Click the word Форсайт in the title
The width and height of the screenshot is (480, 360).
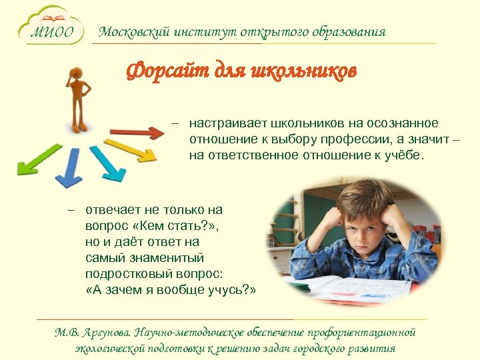163,71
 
